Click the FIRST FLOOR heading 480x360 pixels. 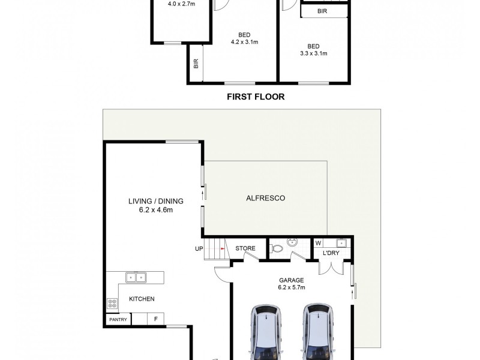click(x=255, y=96)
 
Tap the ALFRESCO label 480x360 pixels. click(x=265, y=198)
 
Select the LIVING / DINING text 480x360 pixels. click(x=155, y=201)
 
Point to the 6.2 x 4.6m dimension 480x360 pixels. click(x=155, y=210)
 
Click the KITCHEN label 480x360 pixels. click(x=142, y=299)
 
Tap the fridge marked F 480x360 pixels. click(x=156, y=319)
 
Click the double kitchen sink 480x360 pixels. click(x=136, y=277)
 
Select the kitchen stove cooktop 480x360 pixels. click(x=111, y=304)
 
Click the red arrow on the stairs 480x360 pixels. click(x=222, y=248)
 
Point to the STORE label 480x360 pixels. click(x=245, y=248)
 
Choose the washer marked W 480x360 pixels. click(x=318, y=243)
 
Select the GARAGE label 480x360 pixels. click(x=291, y=280)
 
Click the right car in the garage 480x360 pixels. click(x=317, y=333)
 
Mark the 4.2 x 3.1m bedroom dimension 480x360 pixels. click(x=244, y=42)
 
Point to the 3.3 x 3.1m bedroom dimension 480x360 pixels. click(x=313, y=53)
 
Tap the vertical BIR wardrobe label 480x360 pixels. click(x=196, y=62)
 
